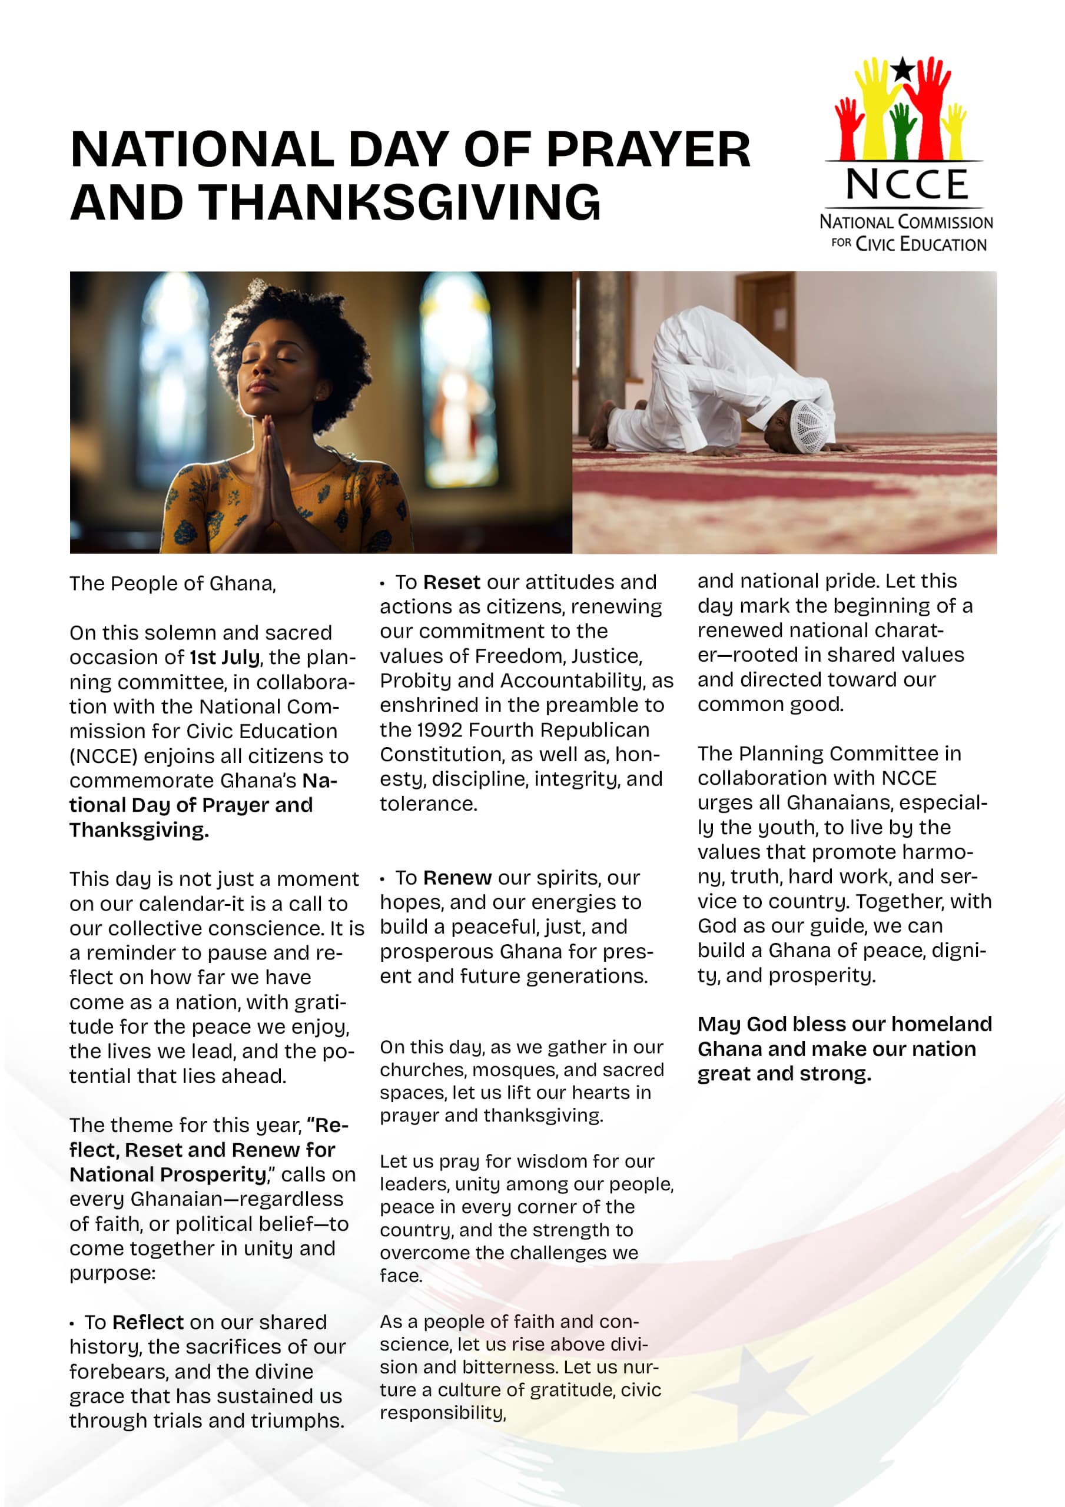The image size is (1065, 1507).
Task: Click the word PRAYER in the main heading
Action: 648,150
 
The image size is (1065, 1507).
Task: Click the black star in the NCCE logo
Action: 904,68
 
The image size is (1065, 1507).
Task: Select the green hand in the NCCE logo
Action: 904,128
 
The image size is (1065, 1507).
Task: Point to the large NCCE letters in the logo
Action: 907,184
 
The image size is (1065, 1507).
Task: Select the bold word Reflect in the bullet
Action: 148,1322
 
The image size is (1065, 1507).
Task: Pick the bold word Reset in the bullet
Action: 452,582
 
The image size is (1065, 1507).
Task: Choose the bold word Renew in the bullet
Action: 457,878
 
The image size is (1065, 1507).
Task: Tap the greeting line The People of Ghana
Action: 172,583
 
